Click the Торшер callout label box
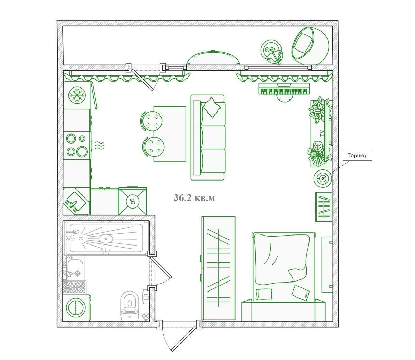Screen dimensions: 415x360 coord(357,156)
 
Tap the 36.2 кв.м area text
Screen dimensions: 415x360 coord(194,197)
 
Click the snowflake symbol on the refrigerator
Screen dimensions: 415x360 coord(77,95)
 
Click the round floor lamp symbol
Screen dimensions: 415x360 coord(323,178)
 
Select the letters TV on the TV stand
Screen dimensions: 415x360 coord(322,133)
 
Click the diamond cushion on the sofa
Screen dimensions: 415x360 coord(212,108)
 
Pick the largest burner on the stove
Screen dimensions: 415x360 coord(82,151)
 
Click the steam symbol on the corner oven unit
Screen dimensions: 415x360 coord(132,201)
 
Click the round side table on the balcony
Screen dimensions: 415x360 coord(271,52)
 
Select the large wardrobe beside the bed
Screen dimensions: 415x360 coord(218,268)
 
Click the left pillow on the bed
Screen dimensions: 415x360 coord(264,294)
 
